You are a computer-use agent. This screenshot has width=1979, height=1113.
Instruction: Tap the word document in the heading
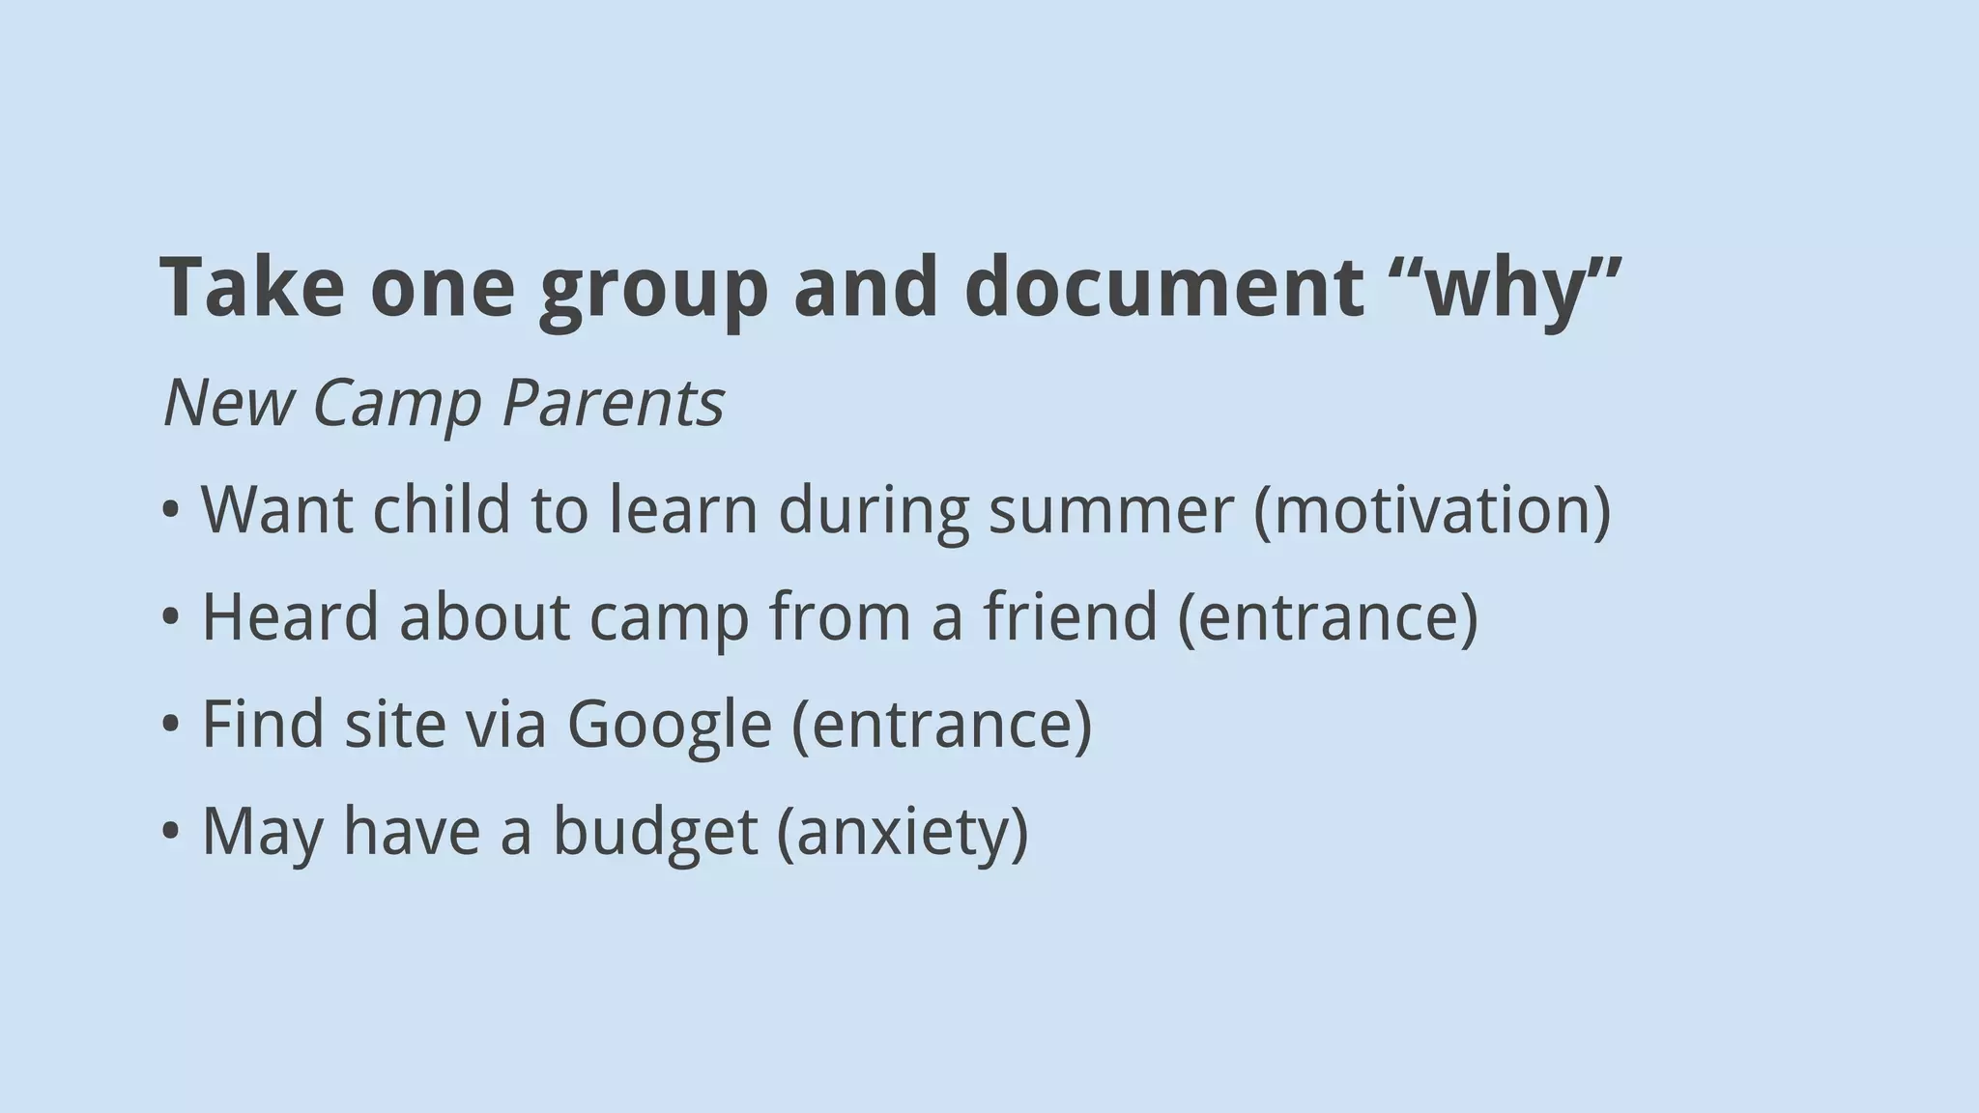pos(1163,287)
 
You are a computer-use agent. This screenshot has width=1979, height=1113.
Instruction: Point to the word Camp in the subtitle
pos(396,403)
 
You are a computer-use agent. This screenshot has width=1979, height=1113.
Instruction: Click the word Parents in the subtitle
pos(613,403)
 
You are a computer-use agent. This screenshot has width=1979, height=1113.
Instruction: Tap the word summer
pos(1111,509)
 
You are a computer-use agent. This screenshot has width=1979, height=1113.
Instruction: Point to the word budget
pos(654,832)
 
